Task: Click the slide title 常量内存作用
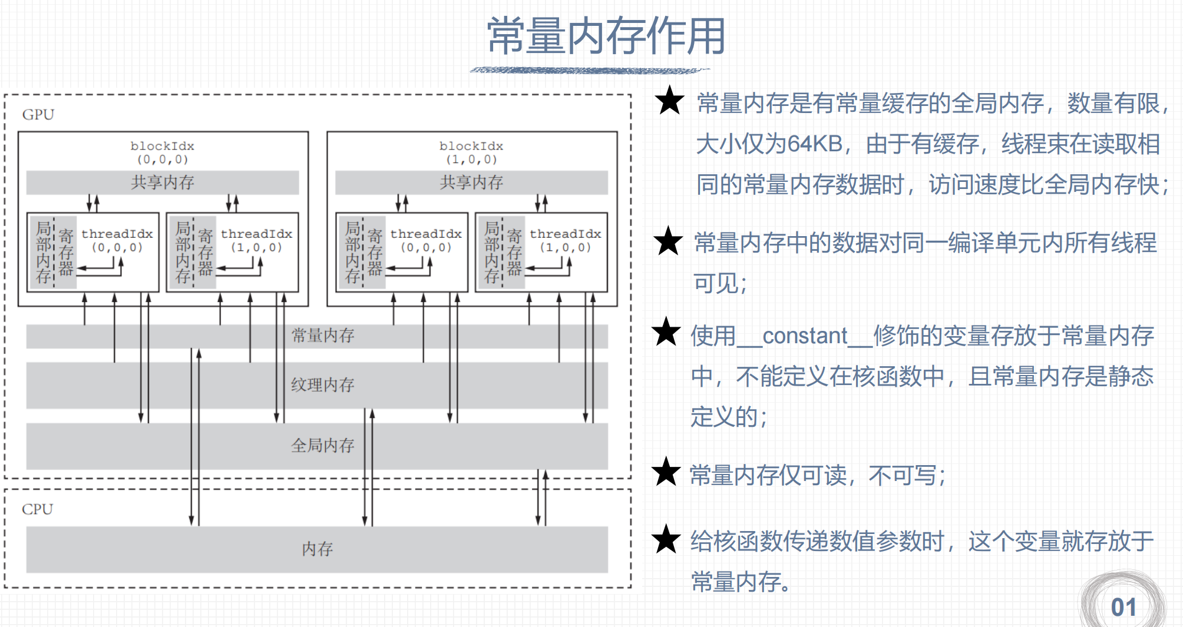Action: point(606,37)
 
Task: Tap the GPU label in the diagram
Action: point(38,114)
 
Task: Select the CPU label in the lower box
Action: point(37,509)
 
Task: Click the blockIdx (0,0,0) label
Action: point(163,152)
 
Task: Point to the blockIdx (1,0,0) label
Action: point(471,152)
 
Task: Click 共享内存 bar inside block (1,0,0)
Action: point(471,183)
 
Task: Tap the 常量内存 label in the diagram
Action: point(323,336)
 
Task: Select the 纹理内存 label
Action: point(323,385)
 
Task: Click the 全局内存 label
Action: point(323,446)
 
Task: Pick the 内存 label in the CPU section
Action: point(318,549)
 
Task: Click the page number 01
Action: point(1123,608)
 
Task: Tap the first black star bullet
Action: point(670,101)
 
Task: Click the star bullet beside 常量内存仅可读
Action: point(666,472)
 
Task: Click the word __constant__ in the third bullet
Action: point(805,336)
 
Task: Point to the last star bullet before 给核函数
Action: point(666,539)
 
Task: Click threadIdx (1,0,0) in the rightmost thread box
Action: point(565,240)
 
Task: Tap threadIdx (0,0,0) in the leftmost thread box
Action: point(117,240)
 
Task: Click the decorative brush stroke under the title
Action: point(589,71)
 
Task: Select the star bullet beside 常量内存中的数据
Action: point(668,241)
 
